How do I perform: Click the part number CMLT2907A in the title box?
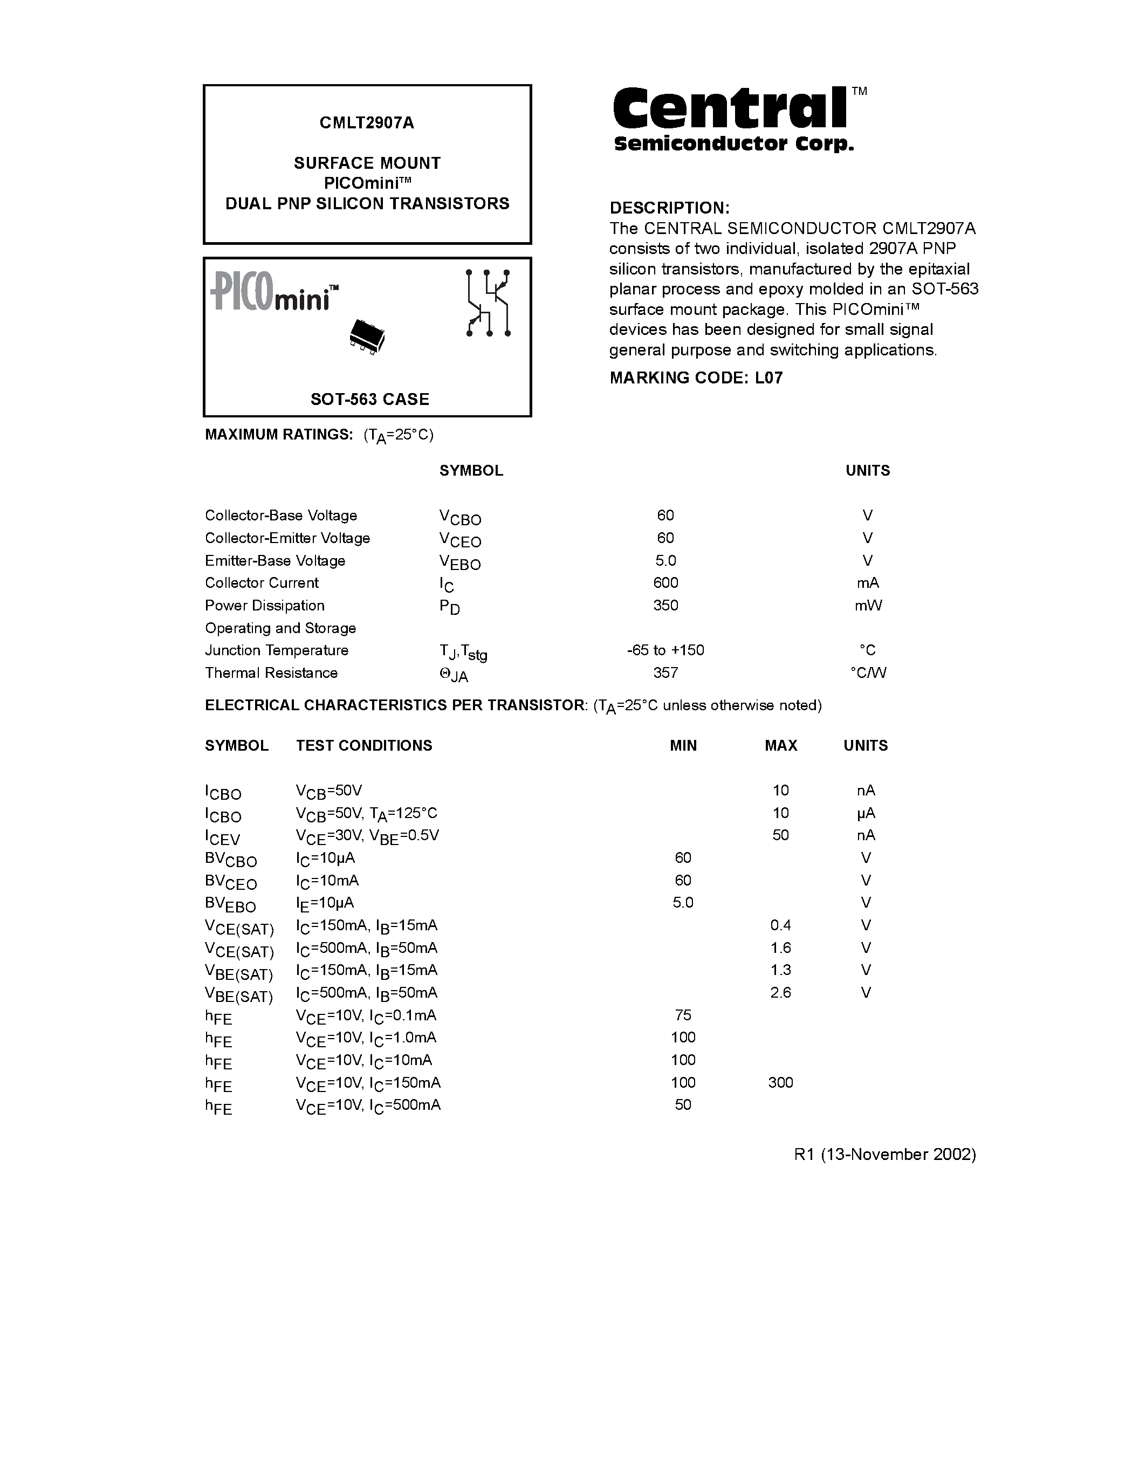pyautogui.click(x=367, y=123)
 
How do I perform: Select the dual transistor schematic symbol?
pyautogui.click(x=488, y=303)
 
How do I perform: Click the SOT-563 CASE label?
pyautogui.click(x=369, y=399)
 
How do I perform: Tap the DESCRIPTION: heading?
pyautogui.click(x=669, y=208)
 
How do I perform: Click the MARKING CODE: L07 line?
pyautogui.click(x=696, y=377)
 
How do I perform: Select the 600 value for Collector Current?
pyautogui.click(x=665, y=582)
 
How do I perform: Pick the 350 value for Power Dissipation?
pyautogui.click(x=665, y=605)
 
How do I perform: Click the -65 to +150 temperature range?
pyautogui.click(x=665, y=650)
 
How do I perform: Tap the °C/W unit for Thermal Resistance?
pyautogui.click(x=868, y=672)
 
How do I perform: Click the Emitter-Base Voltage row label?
pyautogui.click(x=275, y=560)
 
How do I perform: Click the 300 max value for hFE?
pyautogui.click(x=781, y=1082)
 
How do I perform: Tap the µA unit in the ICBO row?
pyautogui.click(x=866, y=813)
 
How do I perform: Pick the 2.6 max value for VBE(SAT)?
pyautogui.click(x=781, y=992)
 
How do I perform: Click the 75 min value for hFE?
pyautogui.click(x=683, y=1014)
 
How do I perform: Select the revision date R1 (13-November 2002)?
pyautogui.click(x=884, y=1155)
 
